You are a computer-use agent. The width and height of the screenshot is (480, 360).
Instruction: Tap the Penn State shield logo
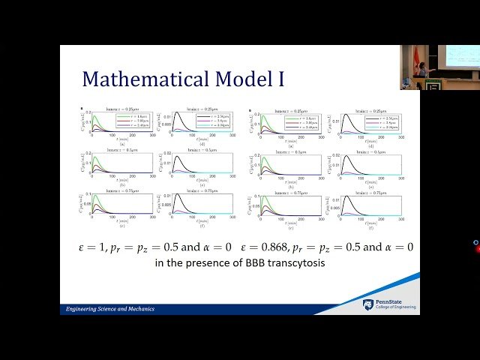(367, 304)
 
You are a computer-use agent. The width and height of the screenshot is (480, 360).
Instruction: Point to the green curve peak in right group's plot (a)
(263, 115)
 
